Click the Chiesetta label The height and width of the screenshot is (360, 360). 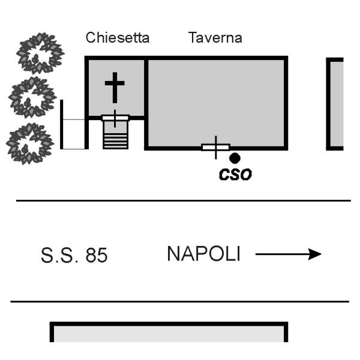coord(118,37)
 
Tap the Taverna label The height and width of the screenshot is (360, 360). coord(215,37)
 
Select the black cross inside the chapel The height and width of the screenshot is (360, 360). coord(115,88)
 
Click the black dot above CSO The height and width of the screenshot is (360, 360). coord(235,158)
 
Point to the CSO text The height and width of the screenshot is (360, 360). coord(235,175)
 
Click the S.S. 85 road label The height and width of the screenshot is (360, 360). coord(74,255)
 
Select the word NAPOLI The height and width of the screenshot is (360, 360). coord(204,253)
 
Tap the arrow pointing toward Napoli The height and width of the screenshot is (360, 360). coord(289,254)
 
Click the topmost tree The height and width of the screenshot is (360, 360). coord(40,53)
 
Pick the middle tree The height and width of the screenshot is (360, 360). coord(32,97)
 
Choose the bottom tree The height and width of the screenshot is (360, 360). coord(30,143)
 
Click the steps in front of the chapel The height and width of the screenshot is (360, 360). coord(115,135)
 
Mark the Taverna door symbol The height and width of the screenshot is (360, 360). coord(216,147)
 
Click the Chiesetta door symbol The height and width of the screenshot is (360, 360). coord(115,118)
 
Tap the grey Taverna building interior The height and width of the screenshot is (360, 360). coord(216,101)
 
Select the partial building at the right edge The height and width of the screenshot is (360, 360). coord(335,104)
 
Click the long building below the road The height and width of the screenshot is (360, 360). coord(169,332)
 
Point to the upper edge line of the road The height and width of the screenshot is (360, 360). coord(183,200)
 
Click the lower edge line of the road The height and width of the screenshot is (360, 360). coord(180,301)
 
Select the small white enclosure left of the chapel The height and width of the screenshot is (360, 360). coord(62,124)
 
